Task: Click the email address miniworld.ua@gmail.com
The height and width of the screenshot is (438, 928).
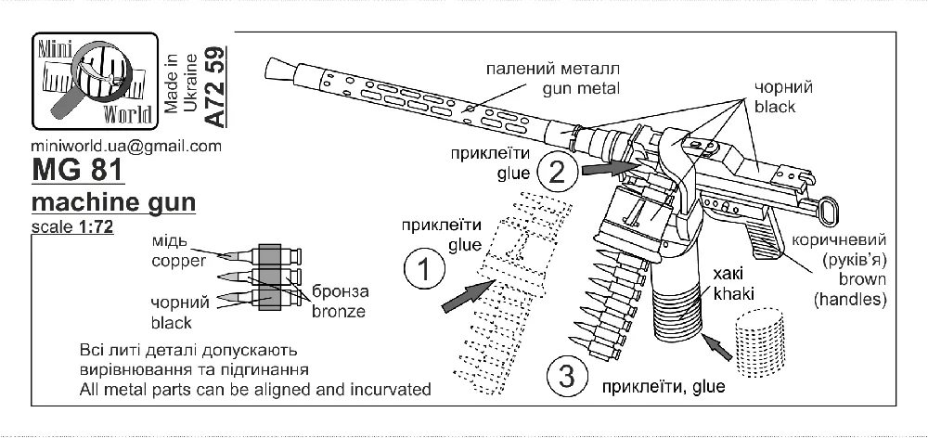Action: point(126,147)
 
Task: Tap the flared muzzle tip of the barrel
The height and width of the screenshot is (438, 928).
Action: point(280,69)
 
